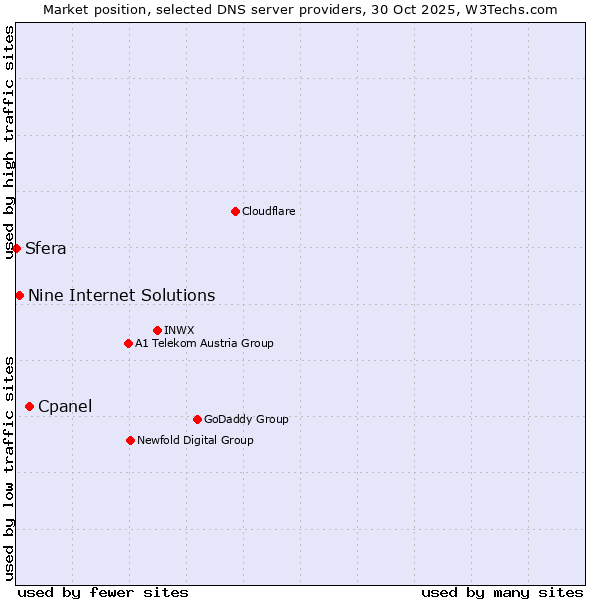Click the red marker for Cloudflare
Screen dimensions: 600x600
[235, 211]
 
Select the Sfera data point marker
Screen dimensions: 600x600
[17, 248]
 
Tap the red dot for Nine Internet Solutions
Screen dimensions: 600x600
[19, 295]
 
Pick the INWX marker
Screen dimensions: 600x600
[157, 330]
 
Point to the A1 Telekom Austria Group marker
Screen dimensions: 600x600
[128, 343]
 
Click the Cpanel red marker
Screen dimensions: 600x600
[29, 406]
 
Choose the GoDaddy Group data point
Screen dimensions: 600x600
[197, 419]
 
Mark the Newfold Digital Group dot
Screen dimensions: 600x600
[130, 440]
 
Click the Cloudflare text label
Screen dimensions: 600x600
[268, 211]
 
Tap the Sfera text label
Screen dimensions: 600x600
[46, 249]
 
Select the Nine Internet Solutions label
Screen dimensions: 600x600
[122, 295]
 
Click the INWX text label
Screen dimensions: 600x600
[179, 330]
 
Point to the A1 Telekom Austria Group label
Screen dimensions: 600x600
[204, 343]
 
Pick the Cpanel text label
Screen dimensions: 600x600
[65, 406]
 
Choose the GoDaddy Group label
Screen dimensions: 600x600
[246, 419]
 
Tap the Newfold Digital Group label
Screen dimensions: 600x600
[195, 440]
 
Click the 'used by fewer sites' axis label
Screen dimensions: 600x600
[103, 592]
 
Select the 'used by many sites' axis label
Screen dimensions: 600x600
[502, 592]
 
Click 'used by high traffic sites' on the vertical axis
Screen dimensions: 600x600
[10, 142]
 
